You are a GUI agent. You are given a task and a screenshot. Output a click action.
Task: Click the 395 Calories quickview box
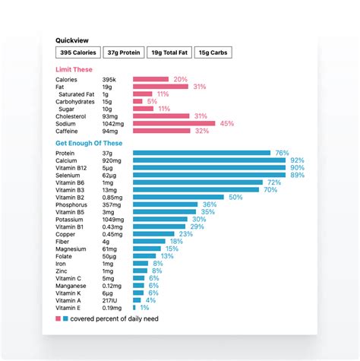click(79, 52)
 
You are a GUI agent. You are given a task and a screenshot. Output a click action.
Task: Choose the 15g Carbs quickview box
click(213, 52)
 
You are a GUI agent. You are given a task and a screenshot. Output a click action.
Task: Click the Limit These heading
click(74, 70)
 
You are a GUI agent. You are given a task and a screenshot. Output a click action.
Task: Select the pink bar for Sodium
click(175, 123)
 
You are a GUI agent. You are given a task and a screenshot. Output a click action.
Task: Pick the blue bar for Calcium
click(209, 160)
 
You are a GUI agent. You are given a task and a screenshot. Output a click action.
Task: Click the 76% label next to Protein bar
click(283, 153)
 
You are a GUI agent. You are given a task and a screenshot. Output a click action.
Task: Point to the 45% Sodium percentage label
click(227, 123)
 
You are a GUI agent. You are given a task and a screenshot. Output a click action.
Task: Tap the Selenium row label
click(68, 175)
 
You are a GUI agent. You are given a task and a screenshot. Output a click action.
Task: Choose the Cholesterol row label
click(71, 116)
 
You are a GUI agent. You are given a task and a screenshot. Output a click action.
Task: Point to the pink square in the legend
click(58, 319)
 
